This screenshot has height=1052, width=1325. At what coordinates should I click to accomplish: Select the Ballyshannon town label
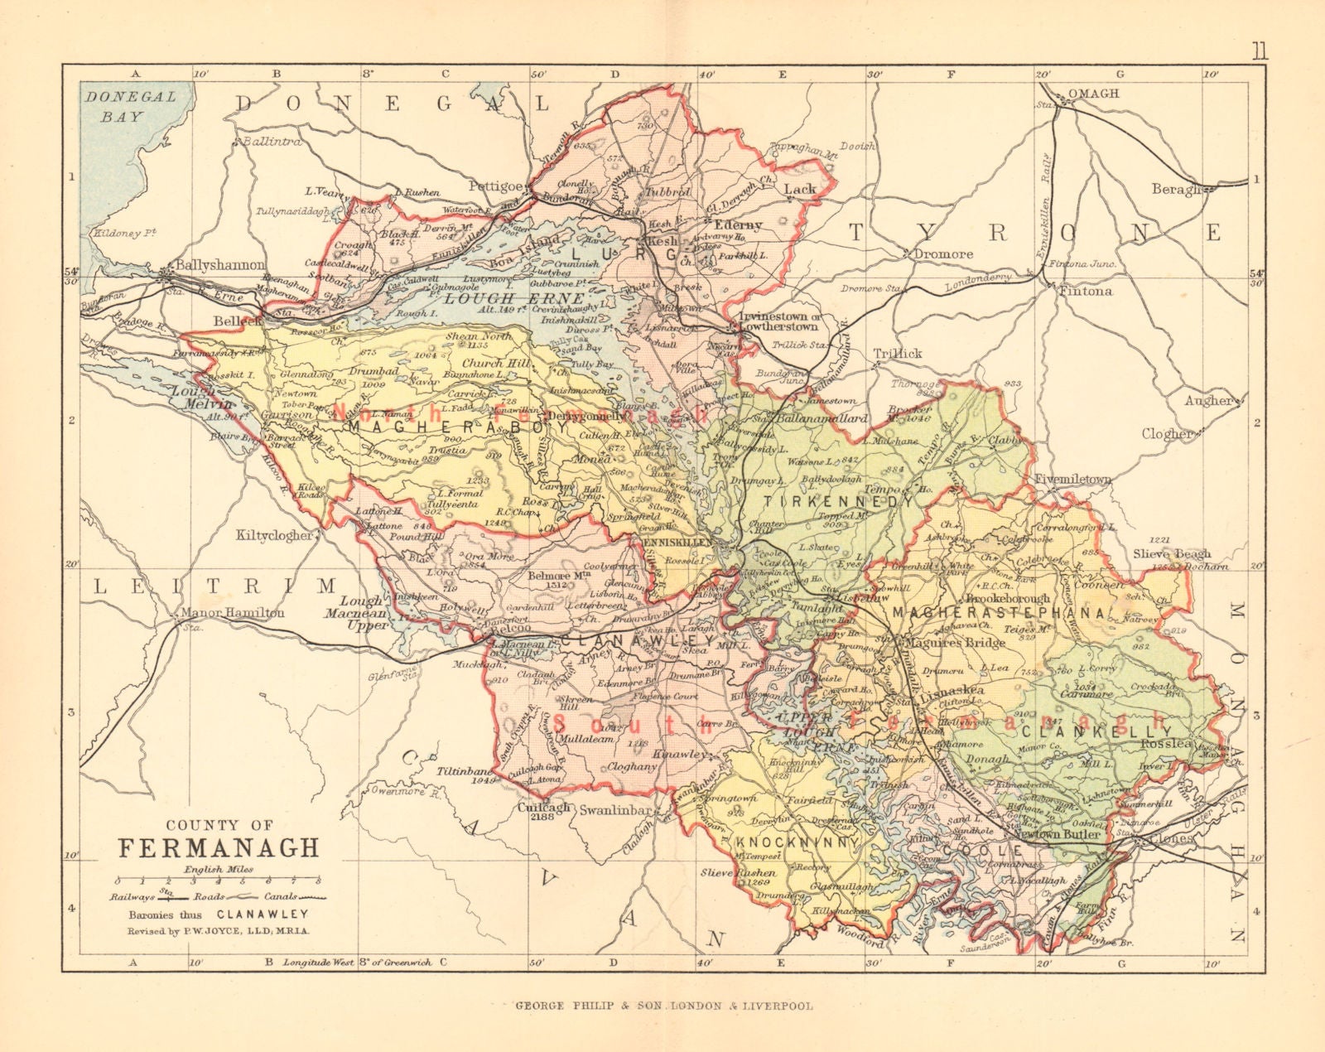(210, 267)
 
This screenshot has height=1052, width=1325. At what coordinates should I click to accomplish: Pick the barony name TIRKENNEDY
(837, 502)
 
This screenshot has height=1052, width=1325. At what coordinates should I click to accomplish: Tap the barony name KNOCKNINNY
(794, 841)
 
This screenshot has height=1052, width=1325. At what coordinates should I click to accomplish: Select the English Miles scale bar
(218, 880)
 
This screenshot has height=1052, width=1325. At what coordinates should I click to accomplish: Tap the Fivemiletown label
(1072, 480)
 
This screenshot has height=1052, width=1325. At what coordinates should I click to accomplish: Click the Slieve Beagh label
(1172, 553)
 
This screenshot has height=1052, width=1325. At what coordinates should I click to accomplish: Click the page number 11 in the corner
(1259, 51)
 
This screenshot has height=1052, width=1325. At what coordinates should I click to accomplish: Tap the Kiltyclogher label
(275, 535)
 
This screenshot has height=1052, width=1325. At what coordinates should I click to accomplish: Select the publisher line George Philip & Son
(663, 1006)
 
